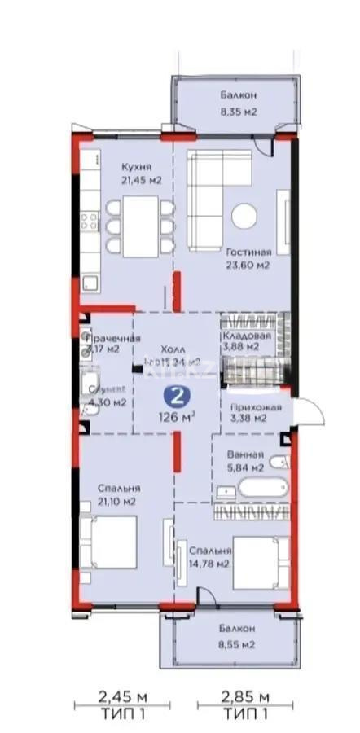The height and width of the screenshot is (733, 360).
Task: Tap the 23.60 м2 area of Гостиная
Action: [248, 265]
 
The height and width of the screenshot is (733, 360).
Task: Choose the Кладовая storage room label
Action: [239, 334]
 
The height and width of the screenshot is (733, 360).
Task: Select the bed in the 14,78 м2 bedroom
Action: [259, 562]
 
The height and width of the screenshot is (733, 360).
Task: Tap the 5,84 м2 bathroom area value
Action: [246, 467]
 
